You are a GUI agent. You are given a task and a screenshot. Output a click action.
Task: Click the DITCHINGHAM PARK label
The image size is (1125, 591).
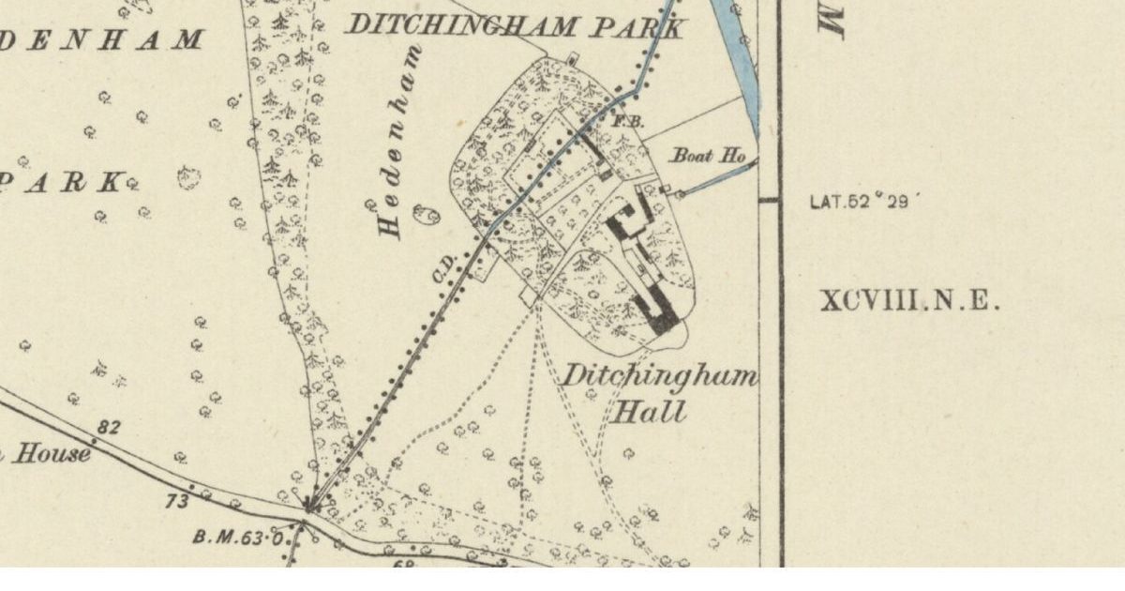514,25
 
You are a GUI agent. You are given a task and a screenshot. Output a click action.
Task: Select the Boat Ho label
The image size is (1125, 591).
708,157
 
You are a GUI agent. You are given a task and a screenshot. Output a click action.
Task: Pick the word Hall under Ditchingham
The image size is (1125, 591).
649,411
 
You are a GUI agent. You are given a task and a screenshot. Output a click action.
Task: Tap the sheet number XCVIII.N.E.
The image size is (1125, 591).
910,302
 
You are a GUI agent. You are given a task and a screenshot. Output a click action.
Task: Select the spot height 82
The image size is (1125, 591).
109,427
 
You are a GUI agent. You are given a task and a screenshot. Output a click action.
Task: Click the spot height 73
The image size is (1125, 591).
177,501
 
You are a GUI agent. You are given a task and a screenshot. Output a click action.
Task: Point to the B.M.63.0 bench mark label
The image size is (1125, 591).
238,538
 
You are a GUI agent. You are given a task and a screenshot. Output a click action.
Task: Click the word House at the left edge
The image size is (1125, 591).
52,455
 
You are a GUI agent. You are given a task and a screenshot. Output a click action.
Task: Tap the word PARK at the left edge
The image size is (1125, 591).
61,181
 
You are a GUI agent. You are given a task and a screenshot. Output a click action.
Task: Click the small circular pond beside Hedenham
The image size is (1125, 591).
432,218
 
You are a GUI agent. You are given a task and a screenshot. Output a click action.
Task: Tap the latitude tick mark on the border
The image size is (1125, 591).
769,200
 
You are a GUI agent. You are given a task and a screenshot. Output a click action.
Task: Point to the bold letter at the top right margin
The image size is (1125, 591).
833,19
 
